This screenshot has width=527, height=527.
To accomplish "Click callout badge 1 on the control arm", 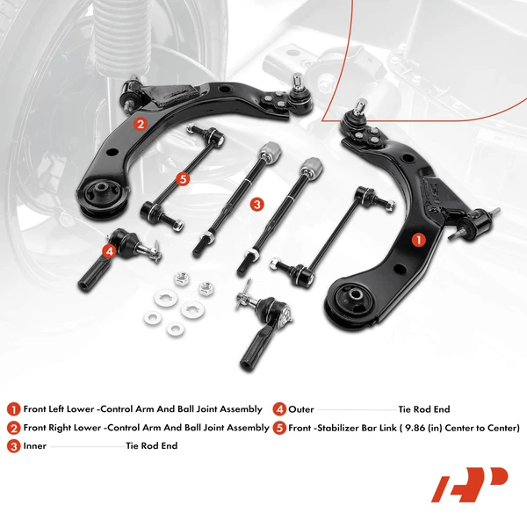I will [418, 238].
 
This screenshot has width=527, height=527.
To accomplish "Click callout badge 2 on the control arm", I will [140, 124].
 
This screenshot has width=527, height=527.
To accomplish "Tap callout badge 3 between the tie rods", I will [256, 204].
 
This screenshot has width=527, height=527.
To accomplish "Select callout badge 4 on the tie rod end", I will [108, 251].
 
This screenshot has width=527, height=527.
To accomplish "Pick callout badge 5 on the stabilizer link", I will [183, 179].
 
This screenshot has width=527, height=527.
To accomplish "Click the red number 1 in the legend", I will [13, 409].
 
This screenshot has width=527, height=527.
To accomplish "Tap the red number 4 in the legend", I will [279, 409].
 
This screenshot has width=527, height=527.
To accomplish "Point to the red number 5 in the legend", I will [279, 428].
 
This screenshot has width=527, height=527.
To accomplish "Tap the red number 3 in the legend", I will [13, 446].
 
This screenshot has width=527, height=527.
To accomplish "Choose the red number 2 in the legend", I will [13, 428].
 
